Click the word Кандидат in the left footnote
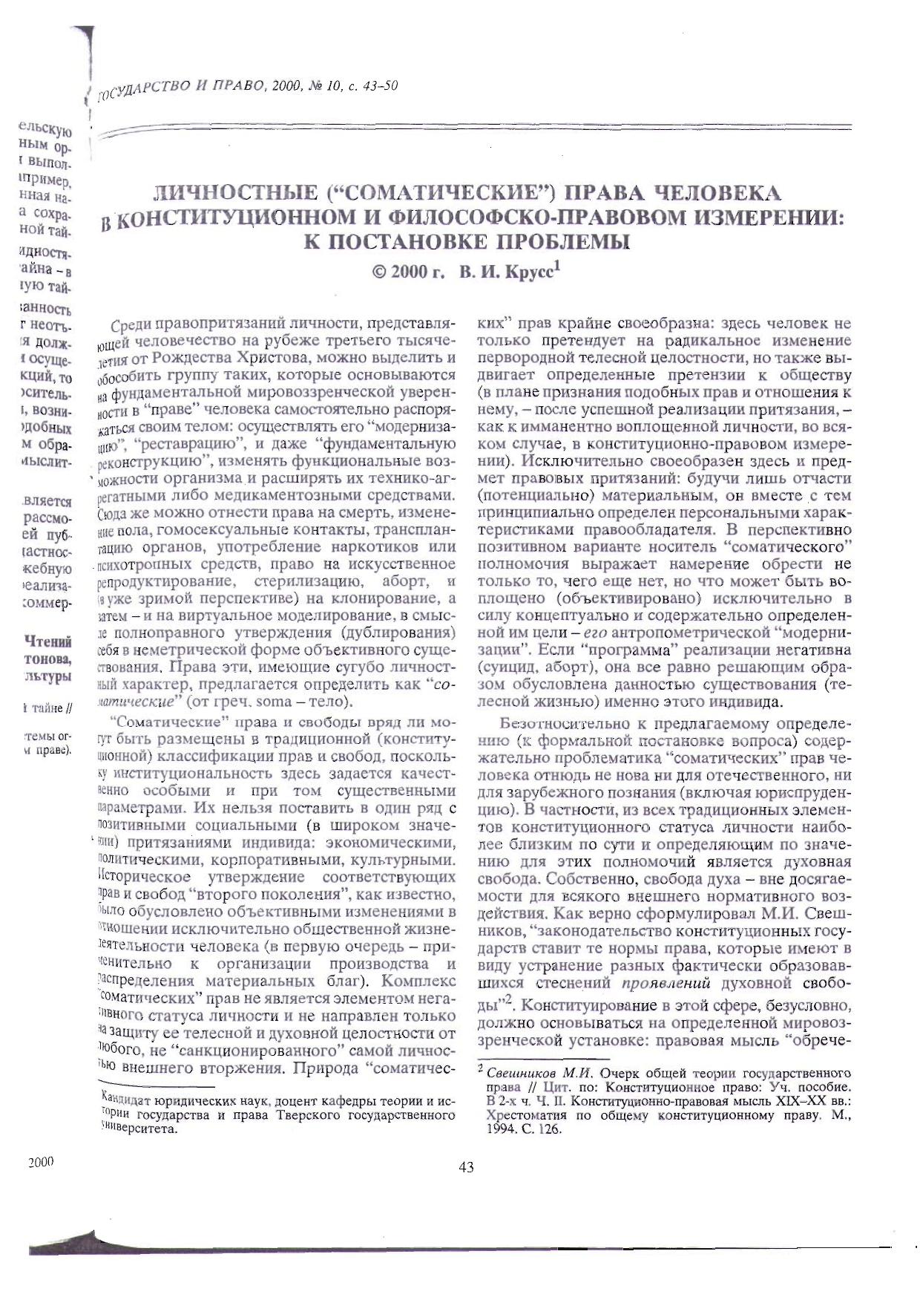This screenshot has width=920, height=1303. (127, 1098)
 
